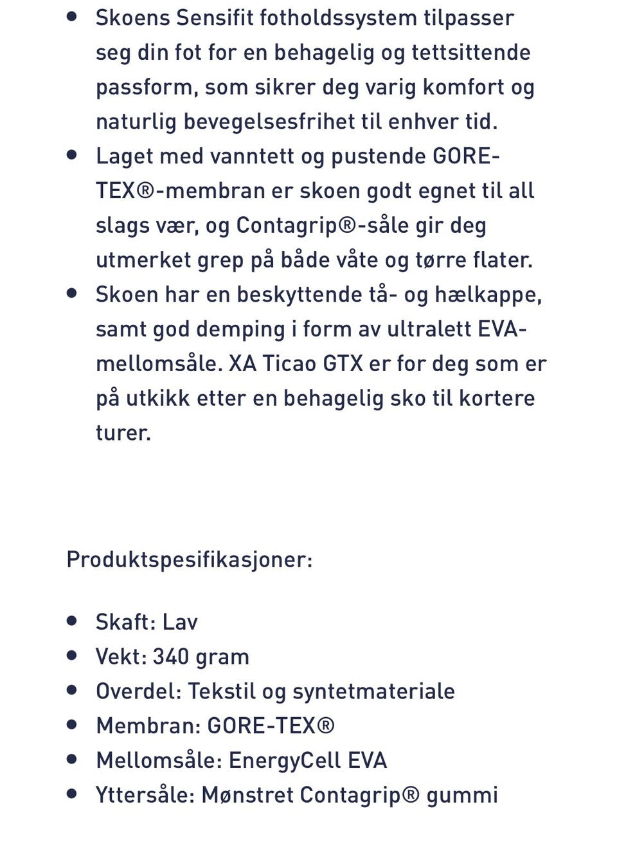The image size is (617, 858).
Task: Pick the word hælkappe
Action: [x=488, y=295]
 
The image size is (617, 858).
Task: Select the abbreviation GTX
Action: [x=343, y=364]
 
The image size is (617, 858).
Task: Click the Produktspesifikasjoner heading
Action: [x=190, y=560]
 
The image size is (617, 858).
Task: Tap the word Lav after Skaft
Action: [x=180, y=622]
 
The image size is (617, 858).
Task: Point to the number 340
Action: [x=170, y=657]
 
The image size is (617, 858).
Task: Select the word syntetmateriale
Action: [x=373, y=691]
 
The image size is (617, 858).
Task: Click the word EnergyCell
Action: [x=285, y=761]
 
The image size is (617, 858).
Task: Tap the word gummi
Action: [x=462, y=796]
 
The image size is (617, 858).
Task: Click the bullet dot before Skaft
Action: [x=72, y=621]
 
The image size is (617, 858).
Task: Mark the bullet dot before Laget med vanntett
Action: [x=72, y=155]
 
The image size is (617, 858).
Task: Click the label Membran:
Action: [x=148, y=726]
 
